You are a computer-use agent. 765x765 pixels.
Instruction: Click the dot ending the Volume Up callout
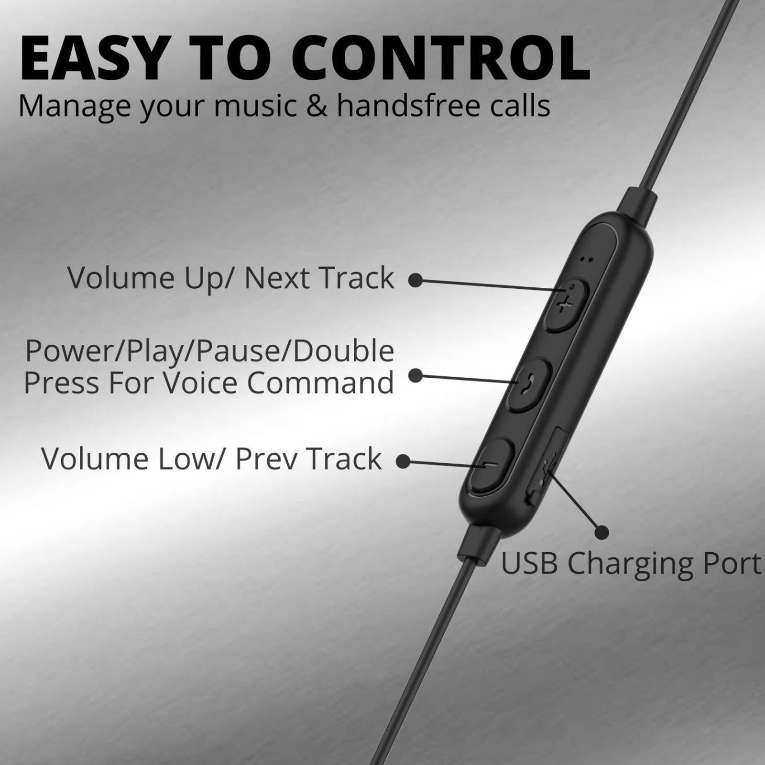coord(415,280)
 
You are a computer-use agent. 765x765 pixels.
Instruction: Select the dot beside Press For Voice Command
coord(416,375)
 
